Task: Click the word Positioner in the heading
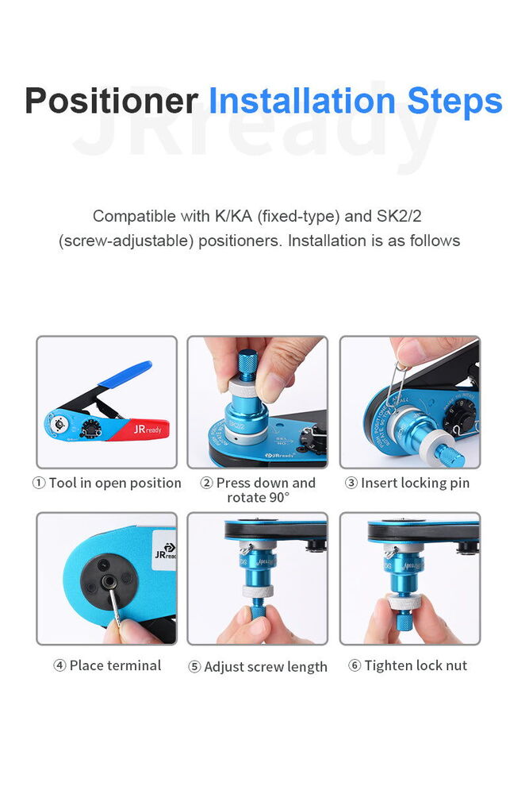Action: click(x=111, y=101)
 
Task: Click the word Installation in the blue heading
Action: click(x=302, y=100)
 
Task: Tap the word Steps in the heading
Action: click(x=454, y=102)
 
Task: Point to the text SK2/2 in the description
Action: click(x=399, y=216)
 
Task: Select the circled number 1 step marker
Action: click(x=39, y=483)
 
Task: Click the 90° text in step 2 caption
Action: click(x=280, y=497)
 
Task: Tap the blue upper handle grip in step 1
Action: click(x=125, y=374)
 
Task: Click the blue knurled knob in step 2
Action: click(x=247, y=364)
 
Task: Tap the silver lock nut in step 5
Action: click(x=258, y=591)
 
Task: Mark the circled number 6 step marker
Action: click(x=355, y=665)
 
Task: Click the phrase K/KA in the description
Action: click(x=233, y=216)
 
